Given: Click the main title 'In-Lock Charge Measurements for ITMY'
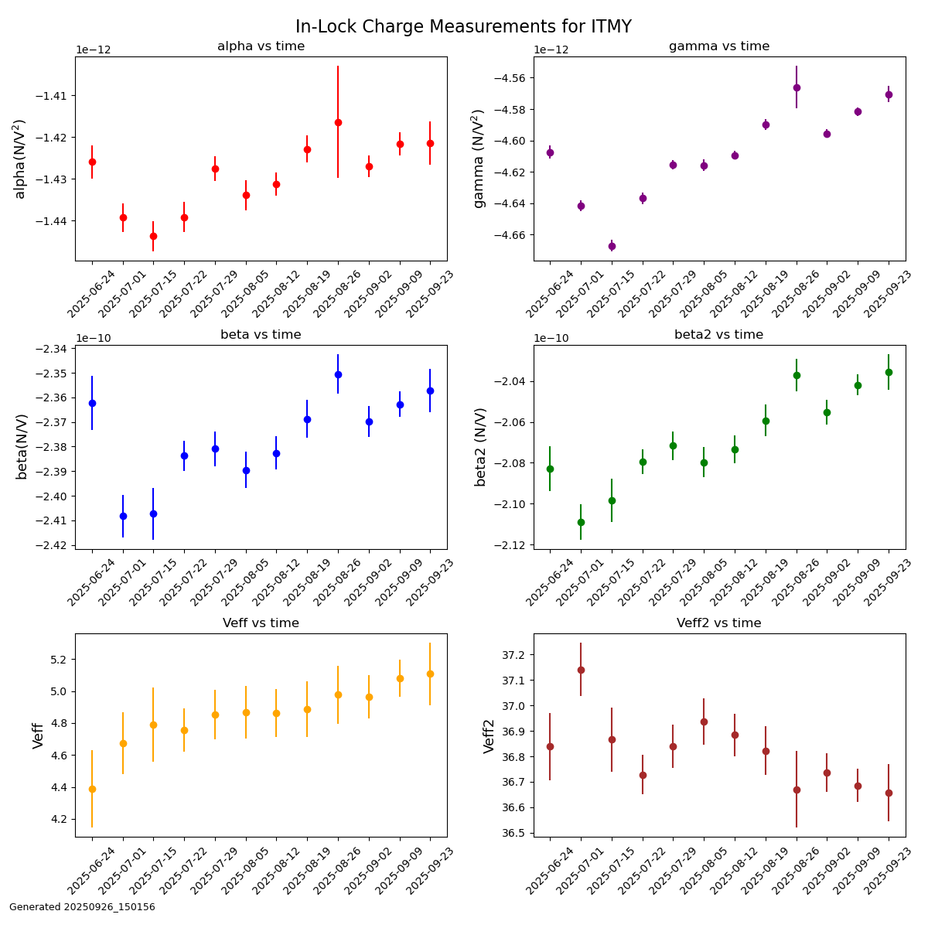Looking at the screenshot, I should (x=463, y=27).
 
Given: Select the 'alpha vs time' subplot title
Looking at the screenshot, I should (x=261, y=46).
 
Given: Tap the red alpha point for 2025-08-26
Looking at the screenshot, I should (x=338, y=122).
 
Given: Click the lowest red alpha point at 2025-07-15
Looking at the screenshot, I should (x=153, y=236).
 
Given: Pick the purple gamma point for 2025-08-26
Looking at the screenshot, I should (x=797, y=87).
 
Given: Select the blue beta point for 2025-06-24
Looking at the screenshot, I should (x=92, y=403).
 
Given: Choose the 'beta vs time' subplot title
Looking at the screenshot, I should (x=261, y=335).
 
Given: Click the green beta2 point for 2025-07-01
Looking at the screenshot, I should (x=581, y=522).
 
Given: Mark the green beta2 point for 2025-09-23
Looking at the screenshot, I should (x=889, y=372).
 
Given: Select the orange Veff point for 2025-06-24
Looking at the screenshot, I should (x=92, y=789).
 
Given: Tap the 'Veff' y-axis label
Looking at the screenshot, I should (x=39, y=735).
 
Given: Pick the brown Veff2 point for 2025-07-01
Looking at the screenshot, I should (x=581, y=670).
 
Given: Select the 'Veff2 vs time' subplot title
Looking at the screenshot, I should (x=718, y=623).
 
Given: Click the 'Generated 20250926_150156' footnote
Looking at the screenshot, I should (x=82, y=907).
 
